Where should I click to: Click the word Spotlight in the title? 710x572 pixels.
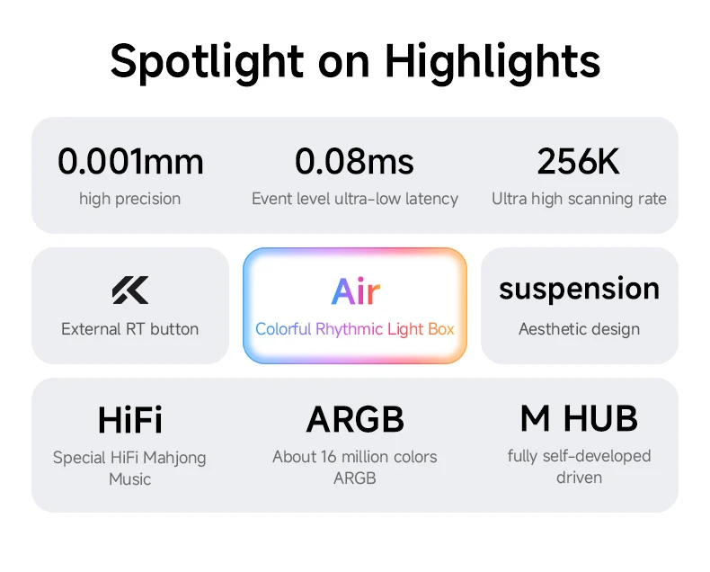click(x=207, y=63)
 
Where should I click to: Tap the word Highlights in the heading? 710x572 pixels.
click(x=493, y=63)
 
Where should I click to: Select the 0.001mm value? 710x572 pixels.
click(x=130, y=161)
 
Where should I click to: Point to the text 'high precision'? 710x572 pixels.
click(x=130, y=199)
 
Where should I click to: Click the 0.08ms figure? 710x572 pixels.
click(x=354, y=161)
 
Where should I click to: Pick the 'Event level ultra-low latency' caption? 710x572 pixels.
click(x=355, y=199)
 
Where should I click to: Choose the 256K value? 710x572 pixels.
click(x=578, y=161)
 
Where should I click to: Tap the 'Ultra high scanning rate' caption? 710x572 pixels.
click(x=579, y=199)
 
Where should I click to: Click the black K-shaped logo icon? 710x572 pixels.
click(x=130, y=290)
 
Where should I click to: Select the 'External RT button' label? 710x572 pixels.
click(x=130, y=329)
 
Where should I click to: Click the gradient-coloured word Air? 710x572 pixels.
click(x=356, y=291)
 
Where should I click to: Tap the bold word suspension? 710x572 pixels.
click(x=579, y=290)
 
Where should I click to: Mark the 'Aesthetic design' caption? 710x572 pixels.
click(x=579, y=329)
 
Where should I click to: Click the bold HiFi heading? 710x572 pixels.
click(x=130, y=420)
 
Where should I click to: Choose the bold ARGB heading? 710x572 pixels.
click(x=355, y=420)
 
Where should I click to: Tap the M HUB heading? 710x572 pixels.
click(x=579, y=419)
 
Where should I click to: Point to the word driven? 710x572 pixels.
click(x=579, y=478)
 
